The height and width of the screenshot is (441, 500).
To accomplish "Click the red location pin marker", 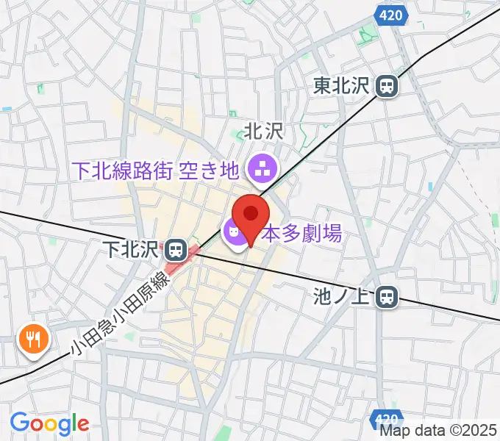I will pos(251,215).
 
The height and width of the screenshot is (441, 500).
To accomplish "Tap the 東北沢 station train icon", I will pos(386,87).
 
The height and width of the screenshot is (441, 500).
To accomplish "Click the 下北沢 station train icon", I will pos(175,250).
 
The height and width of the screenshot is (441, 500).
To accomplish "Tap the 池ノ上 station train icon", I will pos(387,297).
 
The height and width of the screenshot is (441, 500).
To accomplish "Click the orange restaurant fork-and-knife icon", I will pos(32,339).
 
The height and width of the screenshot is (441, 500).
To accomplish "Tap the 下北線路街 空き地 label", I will pos(156,171).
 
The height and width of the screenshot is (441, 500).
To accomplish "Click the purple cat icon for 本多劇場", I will pos(234,234).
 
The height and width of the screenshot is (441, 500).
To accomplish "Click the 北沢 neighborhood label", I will pos(263,132).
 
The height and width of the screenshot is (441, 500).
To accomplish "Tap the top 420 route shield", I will pos(391,14).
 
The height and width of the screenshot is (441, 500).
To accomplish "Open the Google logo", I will pos(49,423).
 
